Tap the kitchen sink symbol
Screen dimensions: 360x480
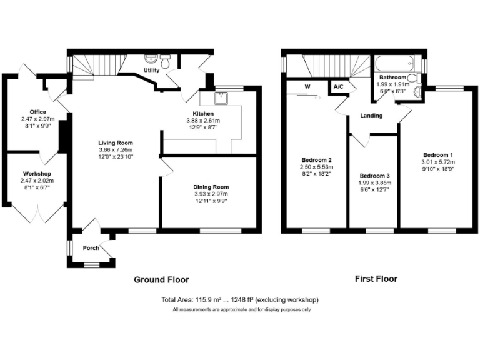coord(221,97)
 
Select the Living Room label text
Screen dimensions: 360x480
coord(116,143)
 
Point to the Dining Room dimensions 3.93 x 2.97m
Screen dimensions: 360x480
coord(212,194)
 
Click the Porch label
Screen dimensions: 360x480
coord(91,248)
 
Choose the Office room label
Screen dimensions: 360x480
coord(37,112)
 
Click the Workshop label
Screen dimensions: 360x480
coord(37,173)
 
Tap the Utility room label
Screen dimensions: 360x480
coord(152,71)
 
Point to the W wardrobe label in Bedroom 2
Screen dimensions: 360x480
coord(307,86)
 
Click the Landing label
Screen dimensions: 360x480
coord(371,116)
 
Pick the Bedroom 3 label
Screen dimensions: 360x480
coord(375,175)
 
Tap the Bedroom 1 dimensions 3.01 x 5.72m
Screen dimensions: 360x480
coord(438,162)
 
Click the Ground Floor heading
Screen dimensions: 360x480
coord(161,279)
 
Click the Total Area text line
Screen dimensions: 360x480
coord(240,300)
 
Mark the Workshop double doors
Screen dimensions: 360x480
coord(37,213)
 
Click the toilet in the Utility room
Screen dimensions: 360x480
coord(166,62)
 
